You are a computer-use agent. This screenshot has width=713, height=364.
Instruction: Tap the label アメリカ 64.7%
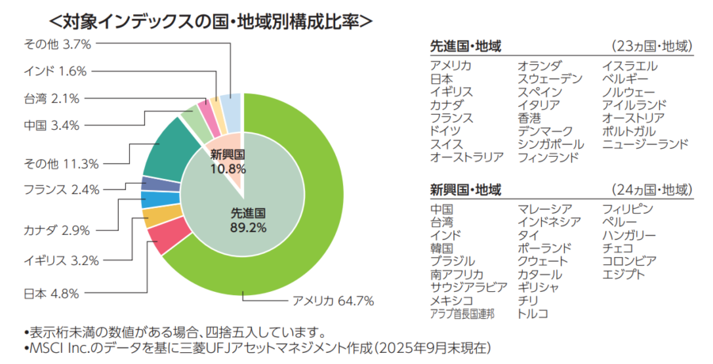pyautogui.click(x=333, y=301)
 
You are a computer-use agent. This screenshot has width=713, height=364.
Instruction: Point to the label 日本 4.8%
pyautogui.click(x=51, y=294)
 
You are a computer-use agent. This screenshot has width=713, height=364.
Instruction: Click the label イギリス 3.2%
pyautogui.click(x=61, y=260)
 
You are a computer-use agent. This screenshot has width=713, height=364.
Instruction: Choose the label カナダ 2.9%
pyautogui.click(x=56, y=230)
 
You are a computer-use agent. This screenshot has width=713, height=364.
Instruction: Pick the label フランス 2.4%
pyautogui.click(x=61, y=189)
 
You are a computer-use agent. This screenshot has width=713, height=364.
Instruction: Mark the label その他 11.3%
pyautogui.click(x=61, y=164)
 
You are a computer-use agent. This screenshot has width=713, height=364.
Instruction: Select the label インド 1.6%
pyautogui.click(x=55, y=71)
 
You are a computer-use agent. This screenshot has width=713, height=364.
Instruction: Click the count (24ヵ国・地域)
pyautogui.click(x=652, y=191)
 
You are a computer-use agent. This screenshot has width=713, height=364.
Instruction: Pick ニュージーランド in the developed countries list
pyautogui.click(x=645, y=144)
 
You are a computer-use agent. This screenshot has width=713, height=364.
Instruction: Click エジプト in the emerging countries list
pyautogui.click(x=623, y=274)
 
